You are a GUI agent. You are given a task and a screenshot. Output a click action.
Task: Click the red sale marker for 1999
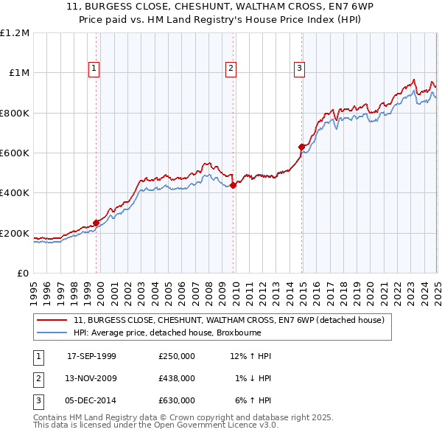(97, 223)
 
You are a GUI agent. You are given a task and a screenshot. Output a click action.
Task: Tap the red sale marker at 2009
(233, 185)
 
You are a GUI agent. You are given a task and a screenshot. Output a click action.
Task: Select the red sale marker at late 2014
(301, 147)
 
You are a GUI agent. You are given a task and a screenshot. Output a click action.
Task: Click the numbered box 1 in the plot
(95, 69)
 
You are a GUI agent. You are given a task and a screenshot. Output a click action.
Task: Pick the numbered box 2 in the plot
(231, 69)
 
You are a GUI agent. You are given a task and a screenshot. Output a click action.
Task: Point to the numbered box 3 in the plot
(300, 69)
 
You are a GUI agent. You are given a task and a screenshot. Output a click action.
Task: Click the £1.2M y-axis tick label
(15, 32)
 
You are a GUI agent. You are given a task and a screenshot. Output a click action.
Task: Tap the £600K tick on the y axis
(15, 153)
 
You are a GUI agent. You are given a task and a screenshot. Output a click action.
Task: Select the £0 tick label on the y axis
(24, 273)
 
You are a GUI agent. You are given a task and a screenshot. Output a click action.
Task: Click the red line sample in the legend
(53, 321)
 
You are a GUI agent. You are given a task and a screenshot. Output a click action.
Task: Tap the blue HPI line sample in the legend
(53, 333)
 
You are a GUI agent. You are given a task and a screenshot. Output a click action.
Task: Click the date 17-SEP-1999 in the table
(91, 356)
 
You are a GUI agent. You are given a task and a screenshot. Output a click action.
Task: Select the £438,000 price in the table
(177, 378)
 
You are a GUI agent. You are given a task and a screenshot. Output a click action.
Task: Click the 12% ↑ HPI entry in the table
(250, 356)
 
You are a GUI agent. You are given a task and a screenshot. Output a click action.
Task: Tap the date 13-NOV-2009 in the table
(91, 378)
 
